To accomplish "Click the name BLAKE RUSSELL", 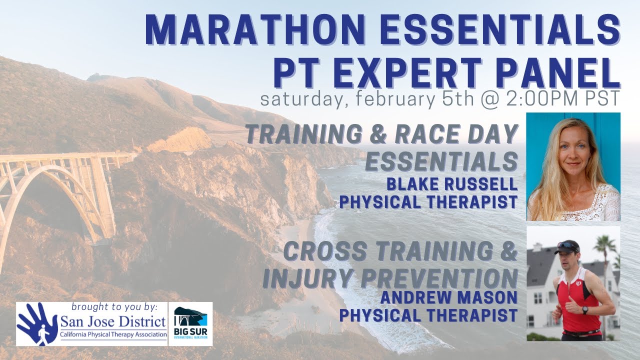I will [452, 184].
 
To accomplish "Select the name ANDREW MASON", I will [448, 297].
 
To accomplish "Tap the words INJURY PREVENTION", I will [390, 278].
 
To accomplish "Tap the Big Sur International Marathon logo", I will [190, 324].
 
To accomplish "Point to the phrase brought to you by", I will [114, 306].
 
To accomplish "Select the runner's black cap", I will [567, 246].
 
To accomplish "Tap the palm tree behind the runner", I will [606, 247].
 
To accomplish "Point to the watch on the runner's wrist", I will [584, 310].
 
